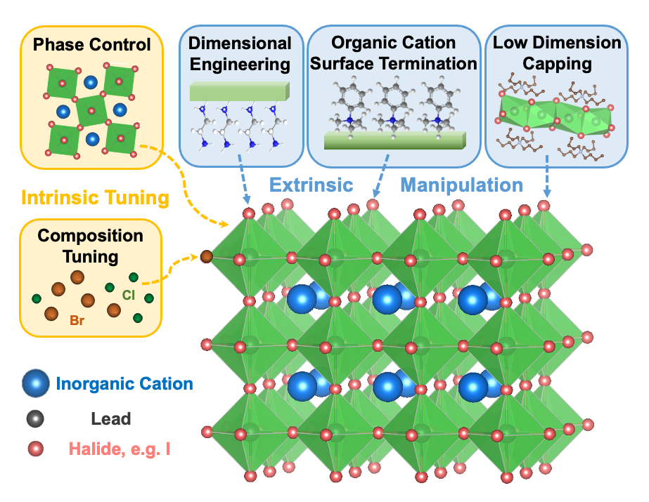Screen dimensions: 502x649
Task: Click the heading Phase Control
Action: click(91, 46)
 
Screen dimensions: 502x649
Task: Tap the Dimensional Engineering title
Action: click(240, 54)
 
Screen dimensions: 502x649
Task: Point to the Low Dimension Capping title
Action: click(557, 53)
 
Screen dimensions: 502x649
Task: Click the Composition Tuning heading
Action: click(90, 246)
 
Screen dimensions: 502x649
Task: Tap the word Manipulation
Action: click(461, 185)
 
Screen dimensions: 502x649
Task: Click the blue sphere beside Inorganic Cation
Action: click(35, 384)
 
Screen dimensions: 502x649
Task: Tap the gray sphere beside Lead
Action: click(35, 419)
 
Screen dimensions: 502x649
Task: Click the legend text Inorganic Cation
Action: click(124, 384)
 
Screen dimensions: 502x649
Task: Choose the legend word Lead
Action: click(110, 419)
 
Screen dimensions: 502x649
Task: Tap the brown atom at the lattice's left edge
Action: click(207, 257)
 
